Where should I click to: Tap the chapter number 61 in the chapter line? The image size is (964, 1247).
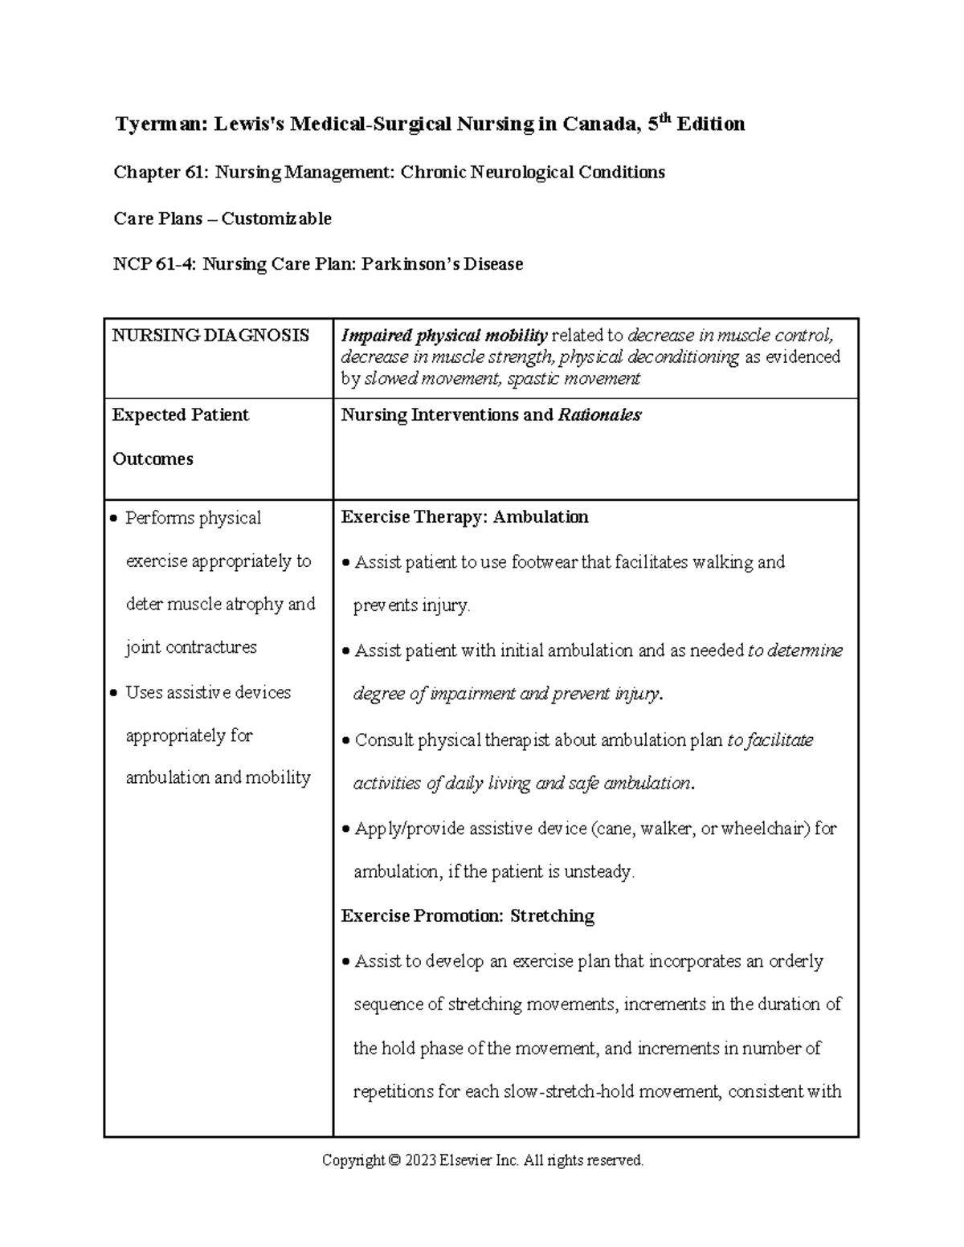pos(191,173)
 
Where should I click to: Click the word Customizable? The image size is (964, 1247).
pos(276,218)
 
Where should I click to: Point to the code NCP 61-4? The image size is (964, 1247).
pos(153,264)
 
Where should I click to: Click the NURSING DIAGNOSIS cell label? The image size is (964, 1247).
pos(210,336)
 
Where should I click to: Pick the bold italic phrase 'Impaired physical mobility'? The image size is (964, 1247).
pos(444,336)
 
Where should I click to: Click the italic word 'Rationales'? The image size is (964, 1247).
pos(599,415)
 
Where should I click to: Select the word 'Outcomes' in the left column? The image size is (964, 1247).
pos(153,459)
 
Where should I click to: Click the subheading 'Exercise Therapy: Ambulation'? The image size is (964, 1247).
pos(464,517)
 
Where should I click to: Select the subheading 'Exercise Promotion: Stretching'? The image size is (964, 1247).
pos(468,916)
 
